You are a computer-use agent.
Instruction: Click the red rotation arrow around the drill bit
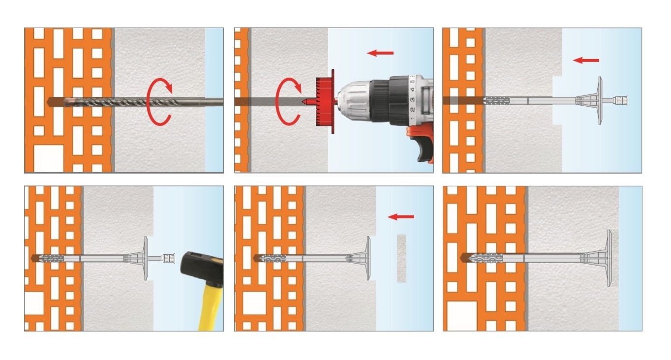point(148,102)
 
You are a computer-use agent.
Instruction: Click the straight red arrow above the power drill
point(380,53)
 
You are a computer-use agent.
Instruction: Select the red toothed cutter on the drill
point(325,101)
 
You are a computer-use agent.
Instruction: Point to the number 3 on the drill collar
point(412,100)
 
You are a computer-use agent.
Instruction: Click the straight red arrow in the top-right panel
point(586,60)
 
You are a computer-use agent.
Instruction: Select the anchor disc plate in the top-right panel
point(600,100)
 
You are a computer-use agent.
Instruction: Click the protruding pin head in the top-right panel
point(621,100)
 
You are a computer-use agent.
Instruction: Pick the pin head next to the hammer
point(169,259)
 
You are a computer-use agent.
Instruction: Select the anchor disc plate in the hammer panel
point(146,259)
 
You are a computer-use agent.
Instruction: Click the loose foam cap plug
point(401,258)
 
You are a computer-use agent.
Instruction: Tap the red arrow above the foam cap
point(401,217)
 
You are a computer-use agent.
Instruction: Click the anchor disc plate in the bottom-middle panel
point(368,258)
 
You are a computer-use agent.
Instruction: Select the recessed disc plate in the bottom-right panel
point(610,258)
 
